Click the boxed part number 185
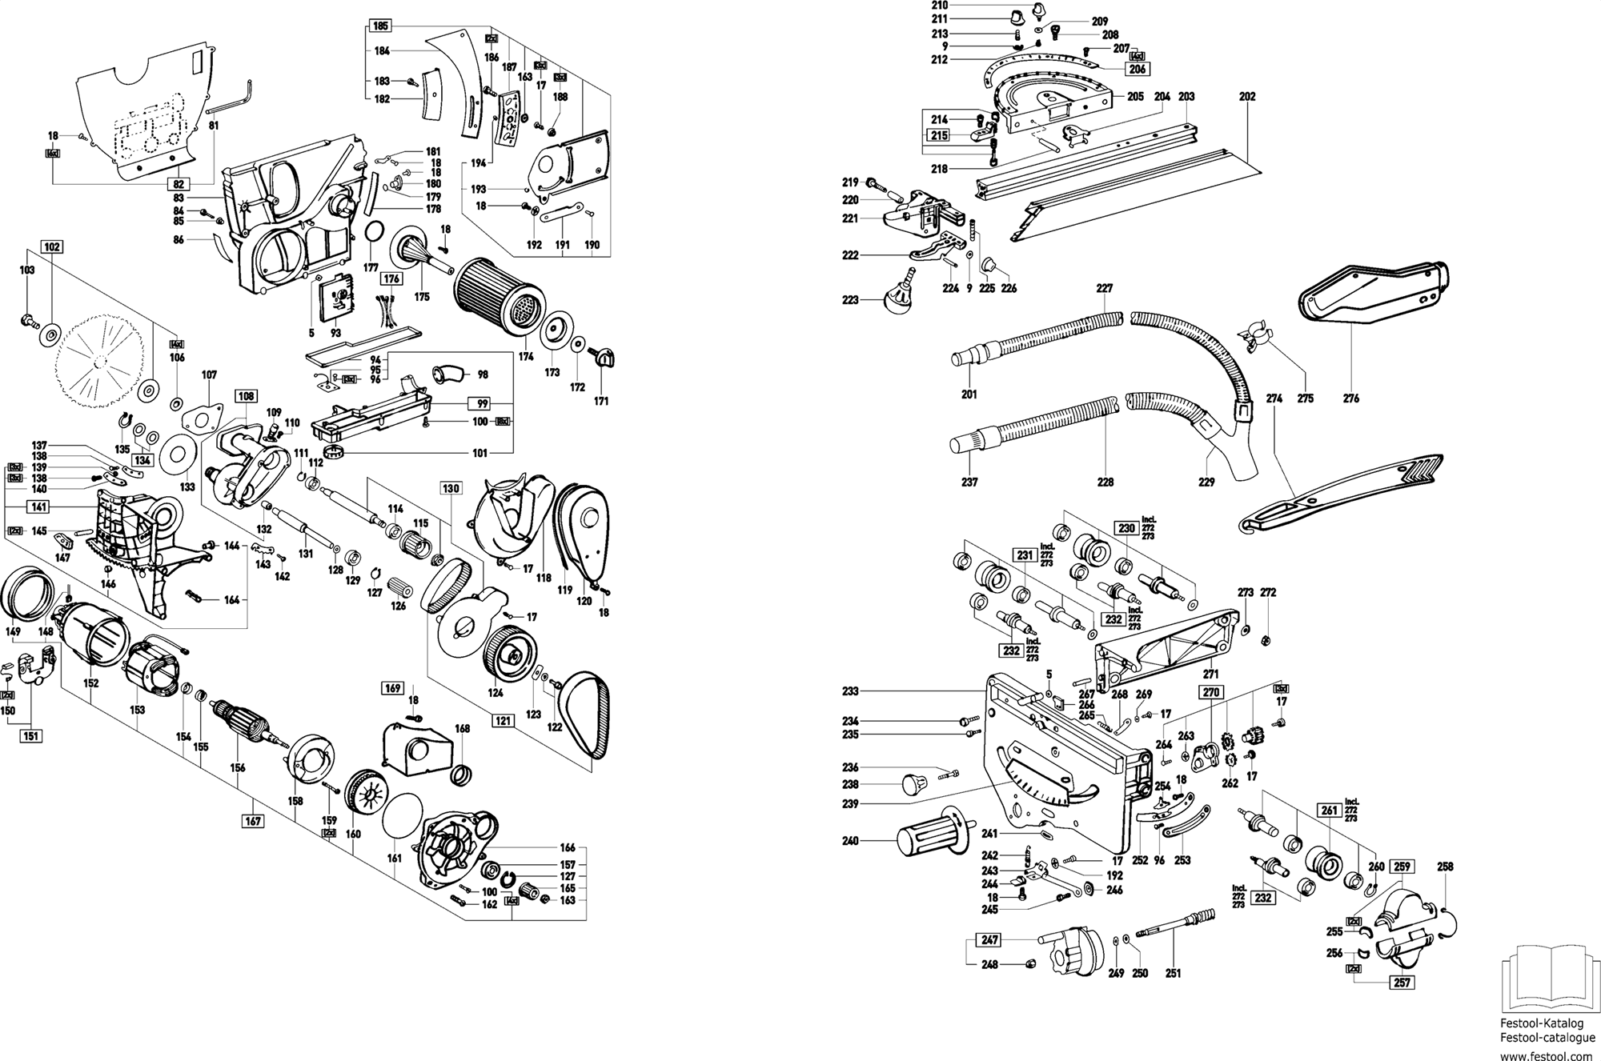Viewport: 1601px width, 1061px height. pos(381,26)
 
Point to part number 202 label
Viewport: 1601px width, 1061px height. pos(1247,97)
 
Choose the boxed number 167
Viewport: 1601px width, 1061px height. pos(253,820)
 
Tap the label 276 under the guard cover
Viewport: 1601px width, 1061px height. pos(1351,398)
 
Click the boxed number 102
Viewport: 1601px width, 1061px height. pos(52,247)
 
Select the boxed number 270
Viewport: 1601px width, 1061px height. pos(1210,693)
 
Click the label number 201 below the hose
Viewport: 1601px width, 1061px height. pos(969,394)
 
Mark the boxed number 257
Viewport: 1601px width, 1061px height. pos(1402,983)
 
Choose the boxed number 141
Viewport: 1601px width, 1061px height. pos(39,506)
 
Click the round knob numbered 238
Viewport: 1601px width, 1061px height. pos(914,784)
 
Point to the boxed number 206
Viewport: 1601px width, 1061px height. pos(1138,70)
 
